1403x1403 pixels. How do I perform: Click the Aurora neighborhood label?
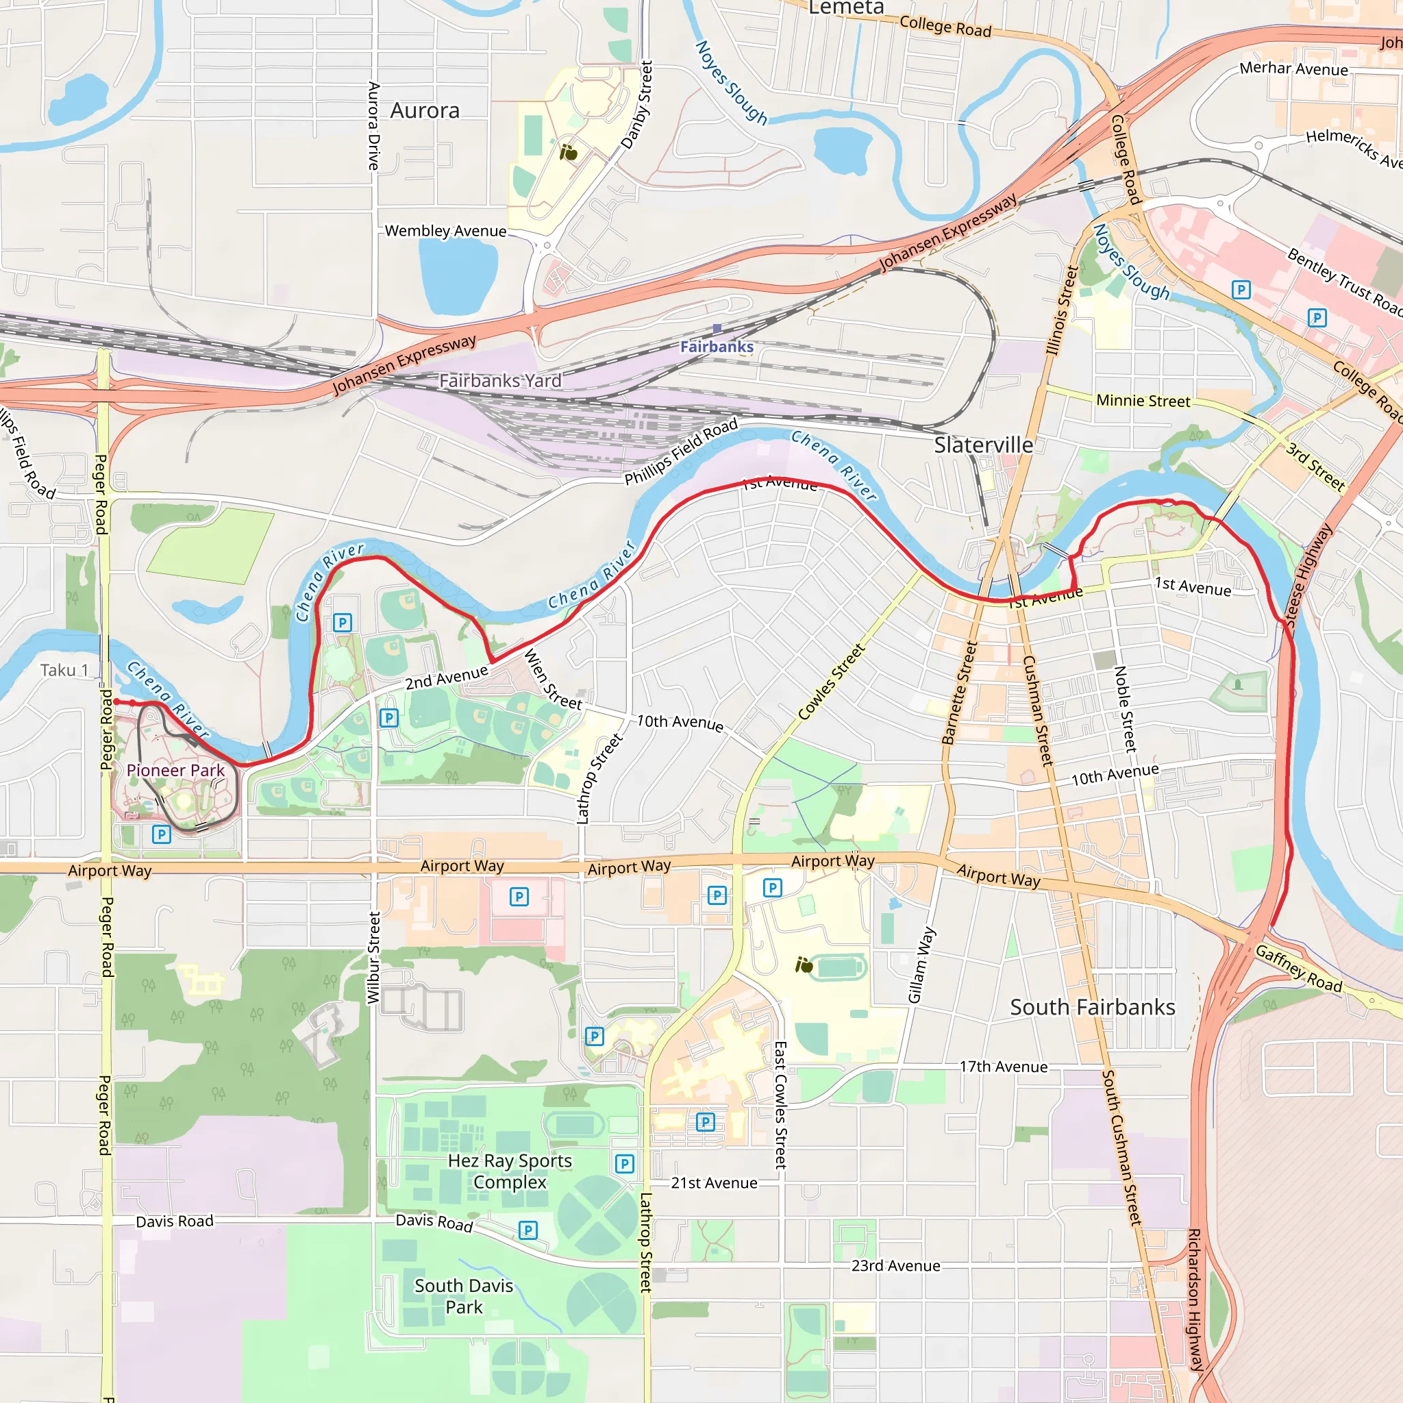click(425, 111)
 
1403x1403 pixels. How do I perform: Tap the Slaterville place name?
click(983, 445)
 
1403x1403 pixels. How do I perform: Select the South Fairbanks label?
click(1092, 1007)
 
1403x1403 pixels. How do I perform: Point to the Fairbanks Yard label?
click(500, 380)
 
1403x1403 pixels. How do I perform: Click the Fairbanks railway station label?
click(717, 347)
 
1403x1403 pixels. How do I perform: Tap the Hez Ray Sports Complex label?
click(510, 1171)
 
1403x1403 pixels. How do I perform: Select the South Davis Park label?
click(464, 1296)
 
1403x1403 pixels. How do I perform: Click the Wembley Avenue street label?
click(445, 231)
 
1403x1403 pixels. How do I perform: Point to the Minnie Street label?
click(1143, 401)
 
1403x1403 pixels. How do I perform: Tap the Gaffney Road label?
click(1298, 969)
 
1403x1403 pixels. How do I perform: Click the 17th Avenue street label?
click(1004, 1067)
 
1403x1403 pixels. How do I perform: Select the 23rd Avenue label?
click(895, 1266)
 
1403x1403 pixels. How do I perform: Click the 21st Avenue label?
click(714, 1183)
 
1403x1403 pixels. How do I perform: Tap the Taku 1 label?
click(64, 670)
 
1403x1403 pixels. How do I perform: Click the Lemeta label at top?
click(846, 9)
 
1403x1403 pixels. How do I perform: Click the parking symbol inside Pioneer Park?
click(161, 834)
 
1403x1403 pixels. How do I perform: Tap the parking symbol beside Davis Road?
click(528, 1230)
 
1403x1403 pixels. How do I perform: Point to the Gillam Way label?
click(921, 965)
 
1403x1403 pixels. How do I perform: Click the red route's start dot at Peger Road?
click(116, 701)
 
